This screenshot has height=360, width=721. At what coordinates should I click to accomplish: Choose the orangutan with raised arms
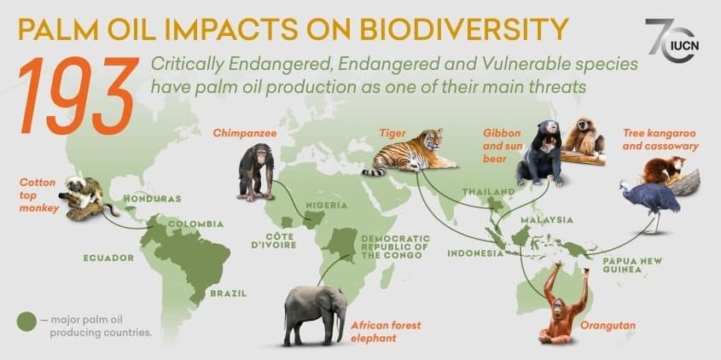[x=565, y=304]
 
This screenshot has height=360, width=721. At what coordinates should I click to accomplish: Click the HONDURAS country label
[x=153, y=199]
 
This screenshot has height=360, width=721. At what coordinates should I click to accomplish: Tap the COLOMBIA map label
[x=196, y=224]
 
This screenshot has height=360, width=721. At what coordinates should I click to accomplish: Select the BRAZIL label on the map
[x=228, y=293]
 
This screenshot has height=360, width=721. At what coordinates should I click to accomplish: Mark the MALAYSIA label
[x=547, y=220]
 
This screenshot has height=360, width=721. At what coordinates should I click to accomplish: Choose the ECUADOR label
[x=108, y=257]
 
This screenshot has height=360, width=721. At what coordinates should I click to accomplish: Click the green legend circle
[x=26, y=322]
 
